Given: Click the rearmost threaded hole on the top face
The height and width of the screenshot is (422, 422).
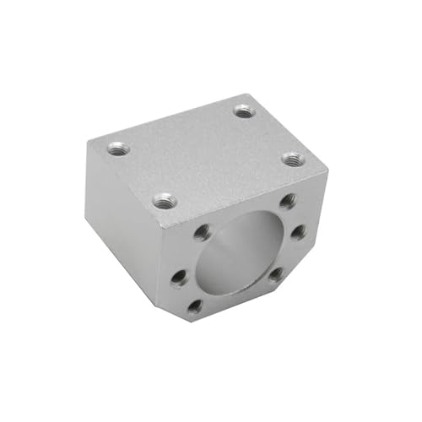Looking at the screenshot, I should click(x=243, y=110).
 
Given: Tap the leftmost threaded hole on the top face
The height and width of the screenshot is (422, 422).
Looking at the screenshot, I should click(x=119, y=149).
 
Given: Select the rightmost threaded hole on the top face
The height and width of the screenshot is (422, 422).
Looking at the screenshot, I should click(x=291, y=158).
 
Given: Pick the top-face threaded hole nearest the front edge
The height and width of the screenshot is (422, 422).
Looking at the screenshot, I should click(x=163, y=201).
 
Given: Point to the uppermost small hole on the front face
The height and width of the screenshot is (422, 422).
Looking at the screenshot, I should click(x=287, y=201).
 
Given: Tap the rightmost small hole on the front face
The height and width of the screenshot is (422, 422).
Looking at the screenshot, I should click(x=298, y=231).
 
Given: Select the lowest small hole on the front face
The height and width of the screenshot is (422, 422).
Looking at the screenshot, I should click(x=194, y=306).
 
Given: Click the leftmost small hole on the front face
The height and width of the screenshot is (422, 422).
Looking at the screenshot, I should click(x=179, y=276).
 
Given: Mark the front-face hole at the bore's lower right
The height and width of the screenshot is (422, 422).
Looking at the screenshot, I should click(x=275, y=273).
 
